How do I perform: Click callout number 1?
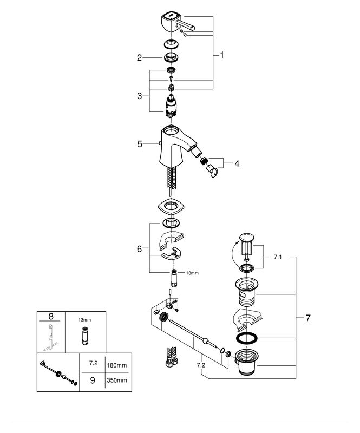pyautogui.click(x=221, y=55)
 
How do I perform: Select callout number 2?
pyautogui.click(x=139, y=57)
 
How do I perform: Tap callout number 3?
pyautogui.click(x=139, y=96)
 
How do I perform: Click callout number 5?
pyautogui.click(x=139, y=144)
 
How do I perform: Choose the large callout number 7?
pyautogui.click(x=307, y=318)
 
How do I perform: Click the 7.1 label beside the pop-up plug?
pyautogui.click(x=277, y=258)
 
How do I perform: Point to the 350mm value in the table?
pyautogui.click(x=117, y=380)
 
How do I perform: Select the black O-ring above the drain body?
pyautogui.click(x=248, y=338)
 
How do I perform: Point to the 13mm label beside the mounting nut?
pyautogui.click(x=192, y=273)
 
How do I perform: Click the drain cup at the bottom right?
pyautogui.click(x=247, y=363)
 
